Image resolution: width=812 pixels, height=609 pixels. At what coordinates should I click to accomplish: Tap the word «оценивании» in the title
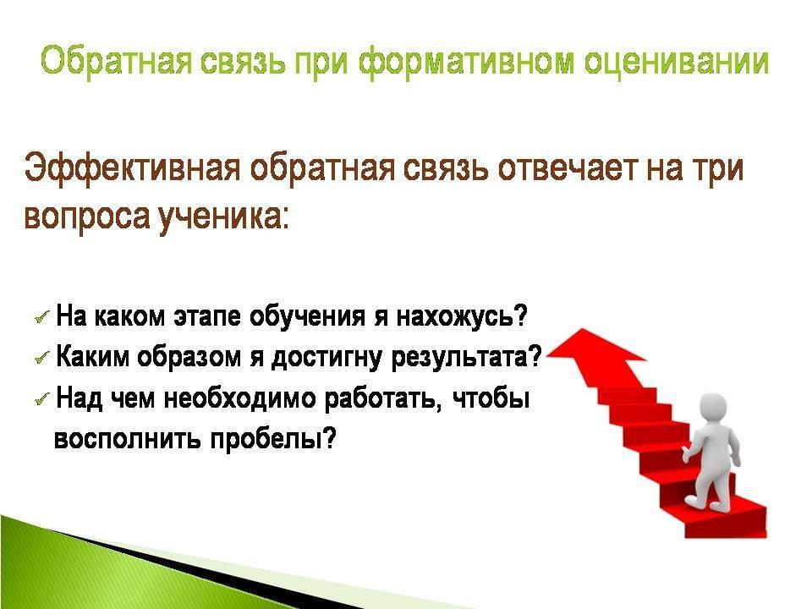pyautogui.click(x=676, y=63)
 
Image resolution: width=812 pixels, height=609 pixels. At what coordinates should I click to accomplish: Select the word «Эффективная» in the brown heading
pyautogui.click(x=133, y=167)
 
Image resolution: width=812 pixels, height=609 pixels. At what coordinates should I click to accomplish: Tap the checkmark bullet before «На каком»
pyautogui.click(x=42, y=317)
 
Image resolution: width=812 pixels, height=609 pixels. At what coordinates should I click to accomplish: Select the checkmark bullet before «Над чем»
pyautogui.click(x=42, y=398)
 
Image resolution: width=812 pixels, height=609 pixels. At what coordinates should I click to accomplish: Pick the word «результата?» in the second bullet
pyautogui.click(x=467, y=356)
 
